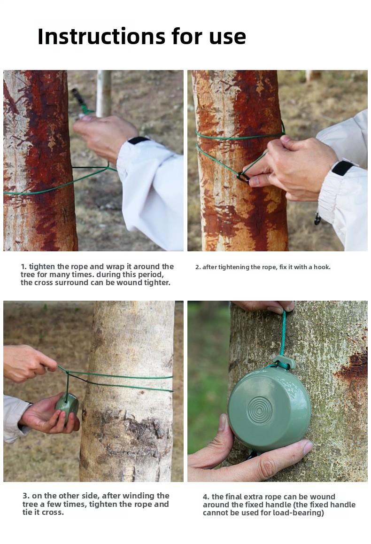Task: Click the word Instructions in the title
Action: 101,36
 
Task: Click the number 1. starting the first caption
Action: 23,266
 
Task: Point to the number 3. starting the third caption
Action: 26,496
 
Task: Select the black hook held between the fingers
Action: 243,177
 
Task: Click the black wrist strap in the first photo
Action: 138,141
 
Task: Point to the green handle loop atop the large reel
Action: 284,363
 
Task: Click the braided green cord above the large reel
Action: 283,334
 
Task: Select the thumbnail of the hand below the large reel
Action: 309,447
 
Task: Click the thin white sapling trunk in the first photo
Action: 104,93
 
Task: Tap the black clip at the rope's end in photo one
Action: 78,98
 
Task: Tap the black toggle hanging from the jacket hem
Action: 317,219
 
